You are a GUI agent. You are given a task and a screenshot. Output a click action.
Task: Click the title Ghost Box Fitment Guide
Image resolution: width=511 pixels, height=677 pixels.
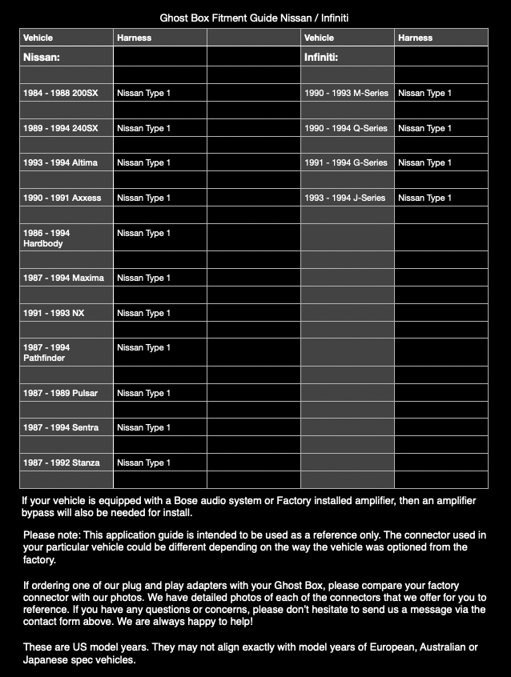pos(254,17)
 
